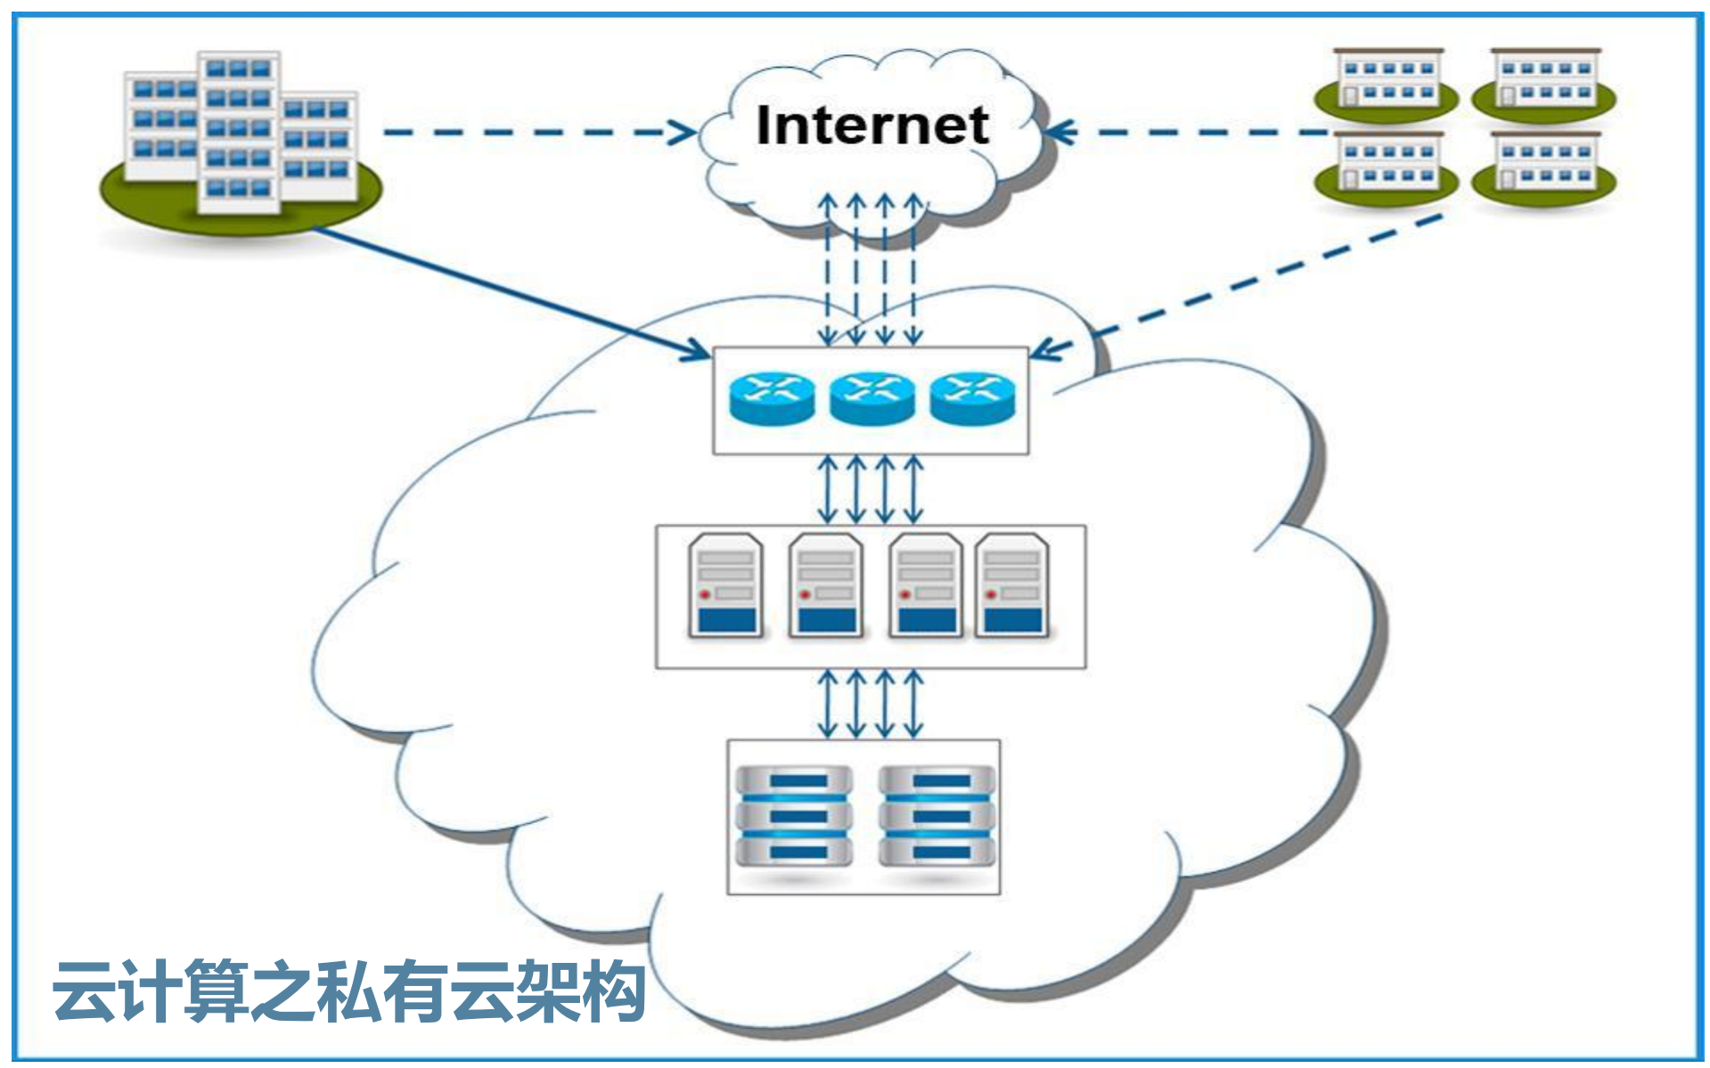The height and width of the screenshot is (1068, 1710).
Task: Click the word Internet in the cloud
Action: (871, 126)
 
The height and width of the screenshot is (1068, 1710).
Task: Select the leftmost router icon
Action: (772, 398)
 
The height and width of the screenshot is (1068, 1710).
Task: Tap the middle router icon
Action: (871, 398)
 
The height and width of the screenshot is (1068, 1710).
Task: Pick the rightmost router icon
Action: (972, 398)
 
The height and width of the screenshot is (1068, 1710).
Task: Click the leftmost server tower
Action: (726, 586)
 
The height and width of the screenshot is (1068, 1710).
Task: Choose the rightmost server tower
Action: (1012, 586)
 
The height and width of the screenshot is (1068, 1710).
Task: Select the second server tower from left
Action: (826, 586)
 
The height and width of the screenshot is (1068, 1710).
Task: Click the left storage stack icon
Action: (793, 816)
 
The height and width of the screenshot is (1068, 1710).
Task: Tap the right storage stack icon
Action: (937, 816)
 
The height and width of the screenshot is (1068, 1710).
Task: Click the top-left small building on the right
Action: (1387, 82)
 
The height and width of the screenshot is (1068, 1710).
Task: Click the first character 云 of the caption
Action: (84, 991)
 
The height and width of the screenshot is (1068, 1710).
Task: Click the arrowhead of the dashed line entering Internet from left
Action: (684, 133)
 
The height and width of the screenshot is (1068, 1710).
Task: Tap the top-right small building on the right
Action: (1544, 82)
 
